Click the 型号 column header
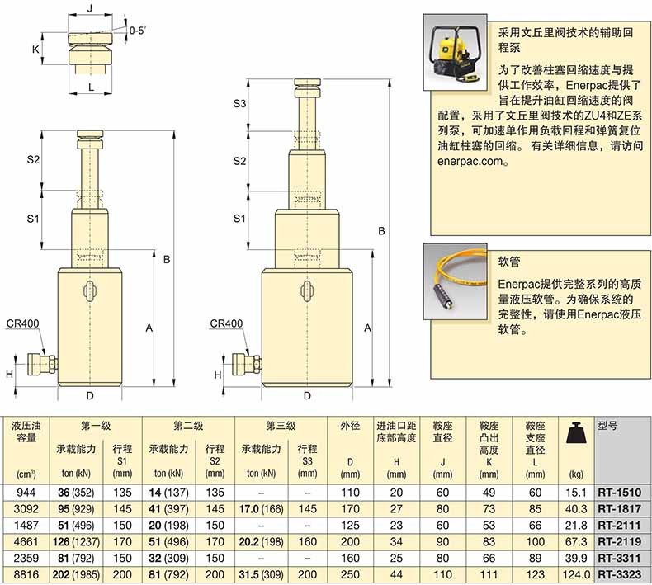(608, 426)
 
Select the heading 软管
(508, 259)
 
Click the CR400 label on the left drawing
(22, 324)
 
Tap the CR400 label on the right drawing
(226, 324)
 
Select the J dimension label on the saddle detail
(89, 10)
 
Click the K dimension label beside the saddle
(36, 50)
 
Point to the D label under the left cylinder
(89, 395)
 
